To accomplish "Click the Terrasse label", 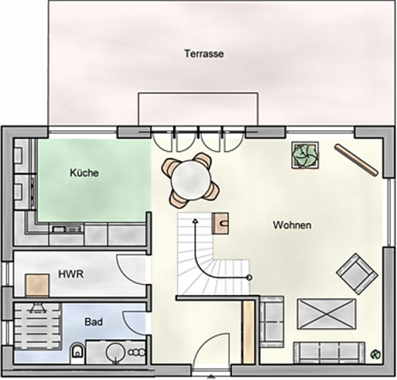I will coord(204,53).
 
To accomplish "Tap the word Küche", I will coord(84,173).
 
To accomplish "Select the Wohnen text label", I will coord(292,225).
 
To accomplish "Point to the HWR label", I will coord(71,275).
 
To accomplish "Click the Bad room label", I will coord(94,322).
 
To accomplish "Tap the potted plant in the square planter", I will coord(305,156).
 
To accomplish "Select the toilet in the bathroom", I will coord(77,353).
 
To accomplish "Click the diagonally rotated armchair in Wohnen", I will coord(356,273).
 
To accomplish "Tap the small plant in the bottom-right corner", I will coord(374,355).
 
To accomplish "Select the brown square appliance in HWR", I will coord(37,285).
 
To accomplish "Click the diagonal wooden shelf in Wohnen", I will coord(356,160).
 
